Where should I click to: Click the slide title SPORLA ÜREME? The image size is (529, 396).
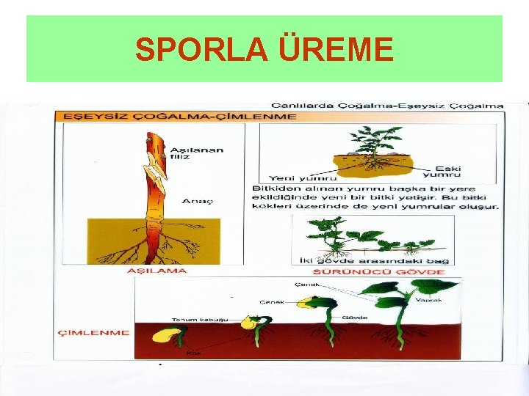[264, 50]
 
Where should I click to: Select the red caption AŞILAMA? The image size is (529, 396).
[157, 271]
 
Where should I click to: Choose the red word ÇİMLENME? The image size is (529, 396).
[93, 332]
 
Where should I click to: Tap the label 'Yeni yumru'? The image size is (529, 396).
[292, 177]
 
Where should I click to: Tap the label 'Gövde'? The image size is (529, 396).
[350, 318]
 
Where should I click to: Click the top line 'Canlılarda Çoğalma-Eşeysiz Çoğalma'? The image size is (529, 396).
[387, 106]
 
